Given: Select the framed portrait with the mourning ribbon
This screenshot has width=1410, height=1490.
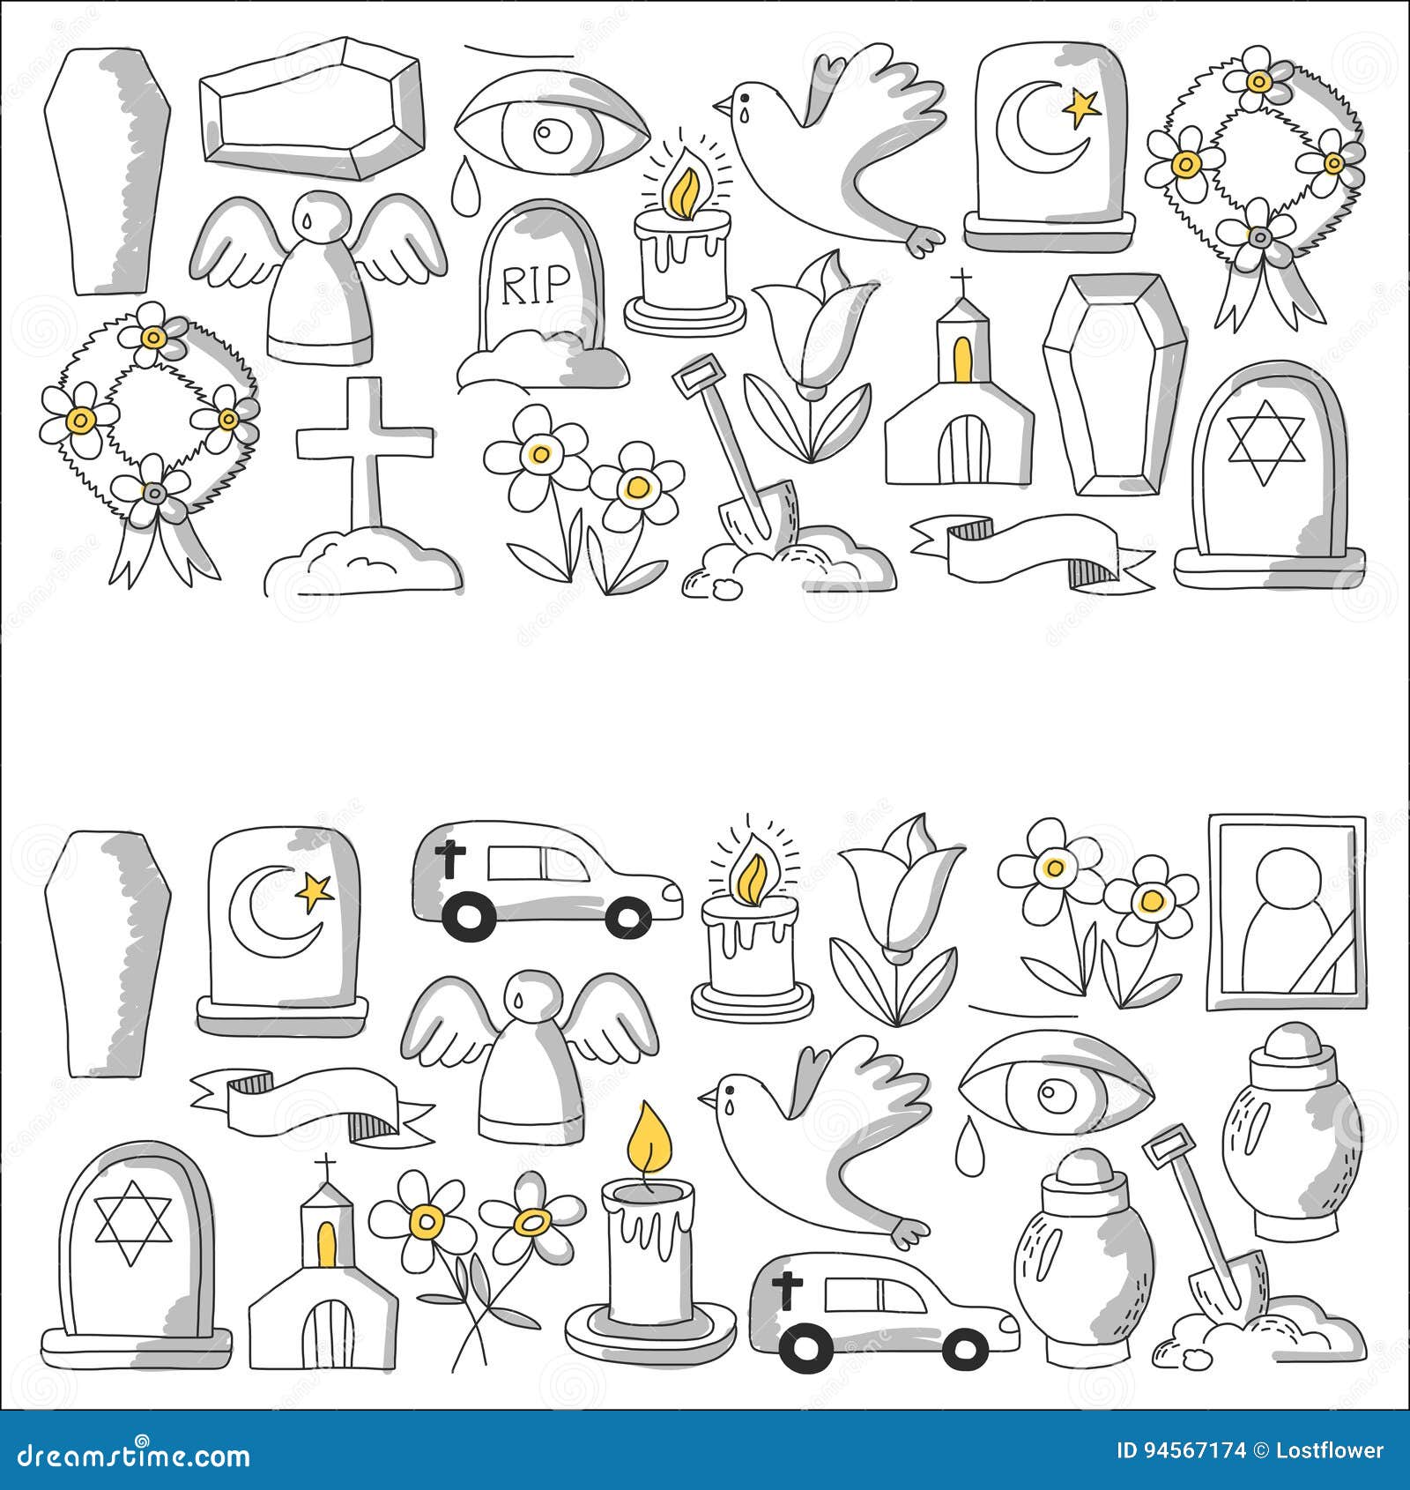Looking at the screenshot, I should click(1286, 912).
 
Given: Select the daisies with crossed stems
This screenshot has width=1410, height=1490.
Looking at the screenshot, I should click(476, 1252).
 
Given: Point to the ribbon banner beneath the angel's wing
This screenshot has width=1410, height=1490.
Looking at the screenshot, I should click(308, 1102).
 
